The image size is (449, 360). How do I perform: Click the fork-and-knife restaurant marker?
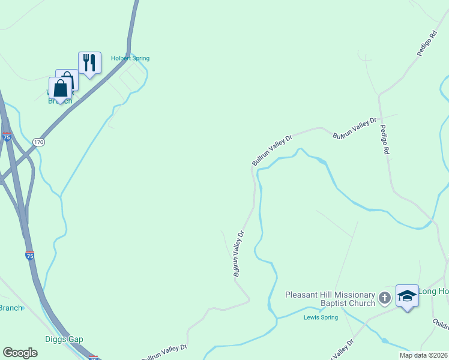coord(89,62)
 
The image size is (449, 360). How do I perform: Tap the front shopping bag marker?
coord(61,89)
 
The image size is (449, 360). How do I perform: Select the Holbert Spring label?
coord(130,58)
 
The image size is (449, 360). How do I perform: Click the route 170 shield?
coord(39,142)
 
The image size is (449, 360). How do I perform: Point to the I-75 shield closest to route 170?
coord(7,137)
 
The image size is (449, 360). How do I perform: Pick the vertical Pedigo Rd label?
coord(384,141)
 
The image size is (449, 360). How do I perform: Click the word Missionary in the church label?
coord(351,295)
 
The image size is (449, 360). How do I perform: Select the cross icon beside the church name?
coord(385,297)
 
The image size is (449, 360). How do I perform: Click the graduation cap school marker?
coord(407,296)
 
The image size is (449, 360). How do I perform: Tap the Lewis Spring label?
coord(321,317)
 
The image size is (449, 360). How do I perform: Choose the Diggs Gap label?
coord(64,339)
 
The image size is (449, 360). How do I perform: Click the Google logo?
coord(20,353)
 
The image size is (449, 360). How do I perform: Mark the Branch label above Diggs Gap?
coord(11,308)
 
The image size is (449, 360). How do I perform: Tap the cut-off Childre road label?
coord(441,325)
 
